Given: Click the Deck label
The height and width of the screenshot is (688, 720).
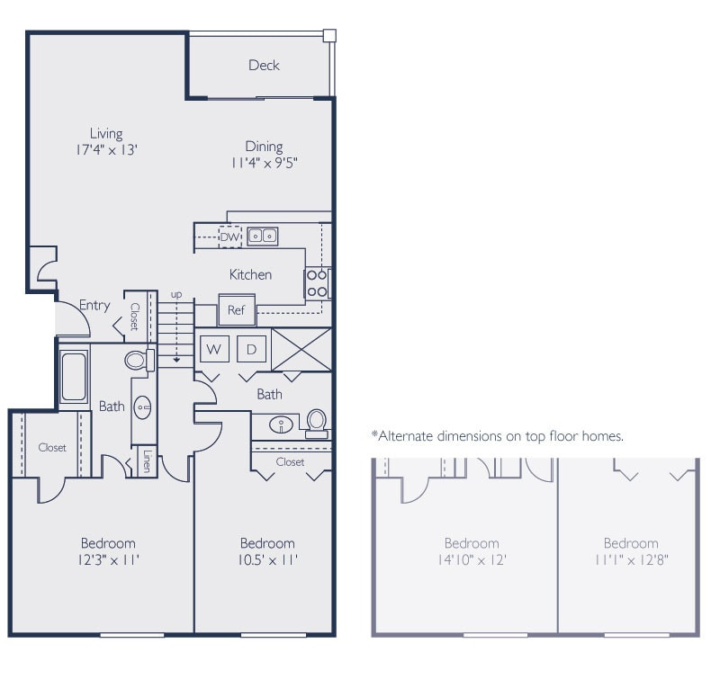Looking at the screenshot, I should [x=264, y=65].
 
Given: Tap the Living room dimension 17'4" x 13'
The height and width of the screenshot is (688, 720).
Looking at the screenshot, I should [x=105, y=150].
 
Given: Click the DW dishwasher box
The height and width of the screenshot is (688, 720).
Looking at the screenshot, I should [x=230, y=237].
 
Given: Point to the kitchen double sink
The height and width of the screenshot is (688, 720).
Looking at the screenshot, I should [x=263, y=236].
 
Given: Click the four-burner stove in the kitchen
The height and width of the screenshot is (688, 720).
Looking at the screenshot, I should [x=317, y=283].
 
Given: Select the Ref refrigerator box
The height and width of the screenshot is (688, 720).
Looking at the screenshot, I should [x=237, y=311].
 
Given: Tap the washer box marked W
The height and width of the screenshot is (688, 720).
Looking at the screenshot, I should [x=214, y=348].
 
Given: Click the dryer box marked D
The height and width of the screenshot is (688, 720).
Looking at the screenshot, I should [x=252, y=348].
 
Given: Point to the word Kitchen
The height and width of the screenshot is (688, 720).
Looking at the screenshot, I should [x=250, y=274].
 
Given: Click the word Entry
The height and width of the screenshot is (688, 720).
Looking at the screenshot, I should [x=94, y=305].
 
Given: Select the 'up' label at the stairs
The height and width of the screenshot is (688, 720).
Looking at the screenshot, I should [x=176, y=294].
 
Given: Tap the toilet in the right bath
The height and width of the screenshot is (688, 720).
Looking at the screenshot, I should [x=316, y=422].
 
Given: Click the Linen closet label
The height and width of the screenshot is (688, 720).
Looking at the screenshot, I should [x=146, y=462].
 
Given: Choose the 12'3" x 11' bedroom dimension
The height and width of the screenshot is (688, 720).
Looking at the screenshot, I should [x=109, y=558].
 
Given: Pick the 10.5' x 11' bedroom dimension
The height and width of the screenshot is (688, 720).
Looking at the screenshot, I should [x=267, y=558].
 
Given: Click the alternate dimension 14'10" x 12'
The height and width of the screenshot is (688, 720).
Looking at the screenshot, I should [x=472, y=558].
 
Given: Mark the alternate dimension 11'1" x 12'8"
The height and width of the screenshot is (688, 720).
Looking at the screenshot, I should [x=630, y=558].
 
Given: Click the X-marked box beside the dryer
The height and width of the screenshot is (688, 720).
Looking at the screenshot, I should [x=301, y=348].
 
